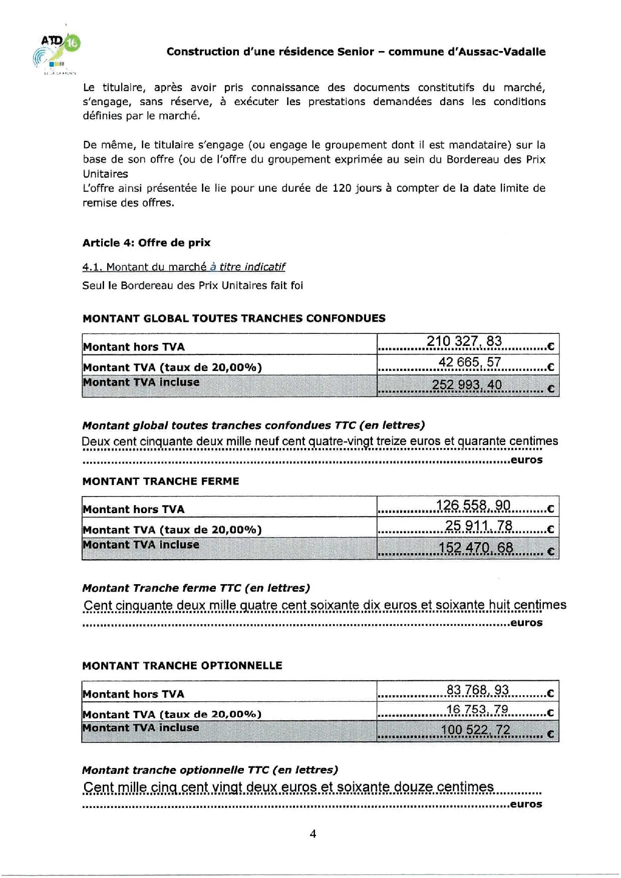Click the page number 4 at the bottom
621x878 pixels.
click(313, 833)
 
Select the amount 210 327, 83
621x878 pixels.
click(464, 341)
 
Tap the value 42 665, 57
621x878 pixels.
click(469, 362)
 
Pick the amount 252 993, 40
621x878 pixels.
click(466, 385)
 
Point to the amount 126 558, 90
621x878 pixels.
click(473, 506)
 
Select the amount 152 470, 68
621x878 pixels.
click(476, 548)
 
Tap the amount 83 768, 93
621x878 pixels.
click(477, 690)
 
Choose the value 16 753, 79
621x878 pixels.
click(477, 710)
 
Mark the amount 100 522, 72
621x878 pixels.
click(475, 730)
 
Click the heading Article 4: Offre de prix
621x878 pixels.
click(146, 243)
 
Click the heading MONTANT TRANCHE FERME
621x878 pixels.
click(160, 481)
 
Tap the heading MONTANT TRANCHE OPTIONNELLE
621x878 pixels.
click(182, 665)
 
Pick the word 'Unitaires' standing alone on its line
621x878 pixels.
click(105, 174)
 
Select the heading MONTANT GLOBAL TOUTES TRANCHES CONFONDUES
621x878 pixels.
click(233, 318)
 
